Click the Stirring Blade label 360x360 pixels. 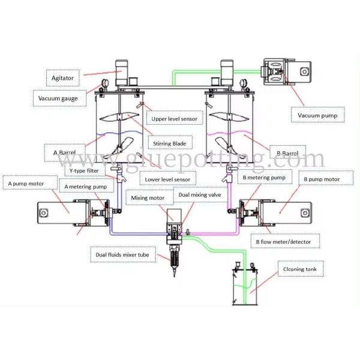[x=171, y=143]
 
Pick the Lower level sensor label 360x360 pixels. [x=167, y=179]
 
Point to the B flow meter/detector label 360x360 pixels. [x=284, y=242]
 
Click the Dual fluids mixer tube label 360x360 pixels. [x=124, y=256]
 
